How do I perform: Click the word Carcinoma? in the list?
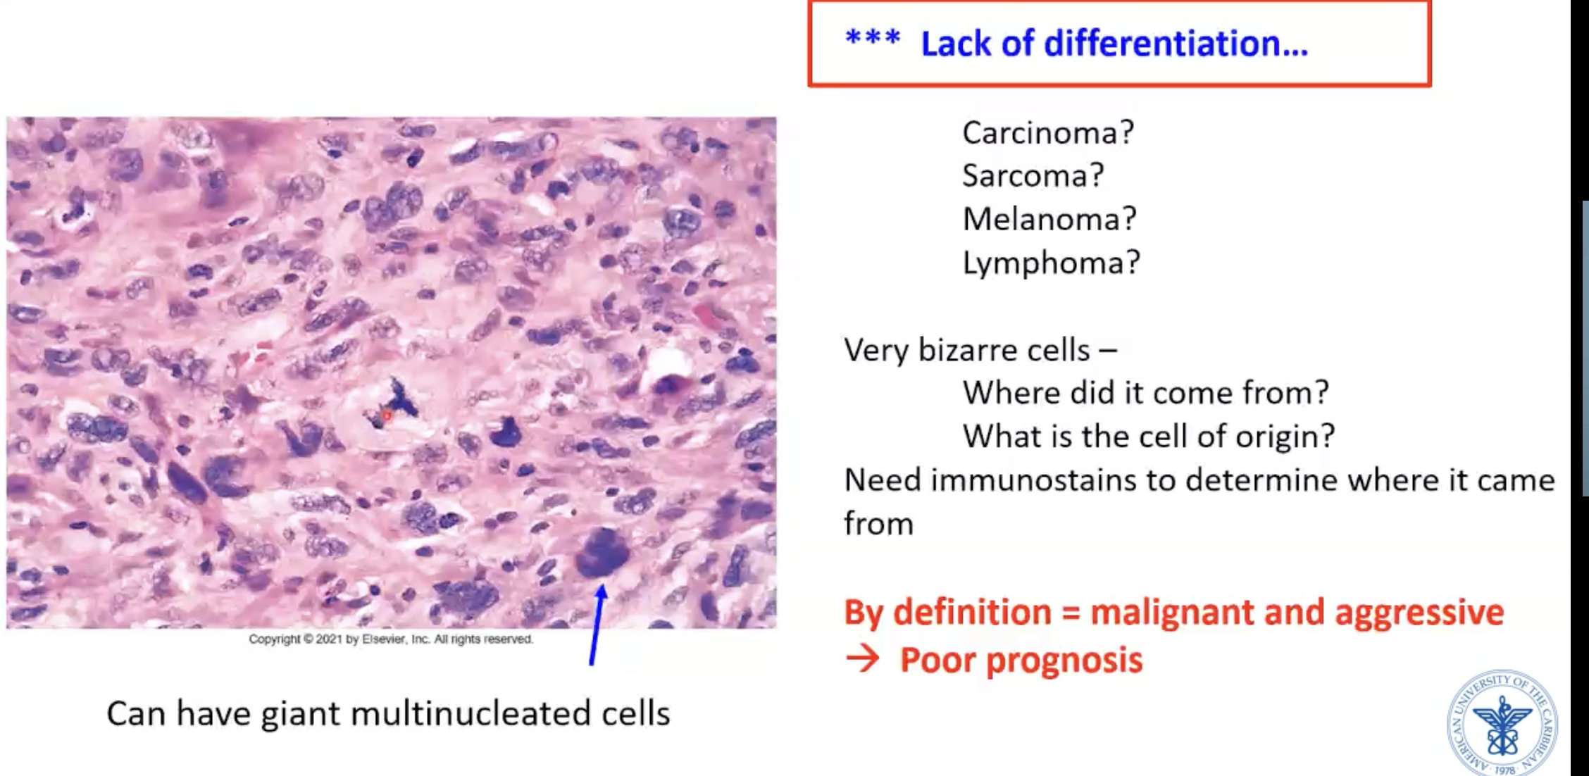(x=1048, y=133)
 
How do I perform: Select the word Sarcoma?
(x=1033, y=176)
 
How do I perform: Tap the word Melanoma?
(x=1049, y=220)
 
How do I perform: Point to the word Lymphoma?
(x=1051, y=263)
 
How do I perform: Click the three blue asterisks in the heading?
(x=873, y=39)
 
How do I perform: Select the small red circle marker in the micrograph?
(x=387, y=416)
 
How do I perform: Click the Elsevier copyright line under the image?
(x=391, y=639)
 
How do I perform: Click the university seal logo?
(x=1502, y=724)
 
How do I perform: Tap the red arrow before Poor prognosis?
(x=863, y=660)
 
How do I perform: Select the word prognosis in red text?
(x=1064, y=661)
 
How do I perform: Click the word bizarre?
(x=1004, y=350)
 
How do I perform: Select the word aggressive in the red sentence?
(x=1419, y=612)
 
